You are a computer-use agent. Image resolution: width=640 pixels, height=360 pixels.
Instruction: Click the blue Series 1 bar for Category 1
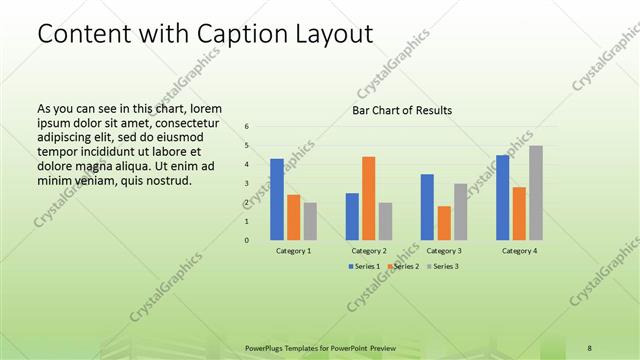(276, 200)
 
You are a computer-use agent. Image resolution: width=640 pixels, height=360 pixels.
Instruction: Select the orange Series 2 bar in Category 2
(369, 198)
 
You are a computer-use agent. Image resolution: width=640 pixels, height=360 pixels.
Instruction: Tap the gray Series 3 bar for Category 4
(536, 193)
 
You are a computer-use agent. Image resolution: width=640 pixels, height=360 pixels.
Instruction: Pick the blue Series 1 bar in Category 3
(427, 207)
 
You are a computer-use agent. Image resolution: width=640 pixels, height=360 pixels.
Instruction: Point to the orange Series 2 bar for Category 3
(443, 223)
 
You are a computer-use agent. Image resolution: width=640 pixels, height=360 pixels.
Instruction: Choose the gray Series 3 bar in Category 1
(310, 221)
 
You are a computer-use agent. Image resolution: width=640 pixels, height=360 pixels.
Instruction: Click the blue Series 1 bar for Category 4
(503, 197)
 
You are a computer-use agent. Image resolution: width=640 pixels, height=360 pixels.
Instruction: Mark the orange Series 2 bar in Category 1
(293, 217)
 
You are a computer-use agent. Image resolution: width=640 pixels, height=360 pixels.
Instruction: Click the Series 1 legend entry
(364, 267)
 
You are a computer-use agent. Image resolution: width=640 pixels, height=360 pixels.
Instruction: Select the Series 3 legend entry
(442, 267)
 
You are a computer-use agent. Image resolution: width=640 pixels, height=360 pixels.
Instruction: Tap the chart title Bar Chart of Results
(401, 110)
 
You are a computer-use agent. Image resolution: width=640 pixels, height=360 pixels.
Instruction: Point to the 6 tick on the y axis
(247, 127)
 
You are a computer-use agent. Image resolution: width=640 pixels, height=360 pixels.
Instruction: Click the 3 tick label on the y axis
(247, 184)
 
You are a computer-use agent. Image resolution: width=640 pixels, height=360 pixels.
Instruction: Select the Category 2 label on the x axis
(369, 250)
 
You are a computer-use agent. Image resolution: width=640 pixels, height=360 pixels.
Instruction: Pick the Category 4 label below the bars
(520, 250)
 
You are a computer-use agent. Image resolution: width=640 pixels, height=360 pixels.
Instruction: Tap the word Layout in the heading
(328, 34)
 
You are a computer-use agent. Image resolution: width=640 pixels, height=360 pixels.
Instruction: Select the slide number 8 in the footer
(589, 347)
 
